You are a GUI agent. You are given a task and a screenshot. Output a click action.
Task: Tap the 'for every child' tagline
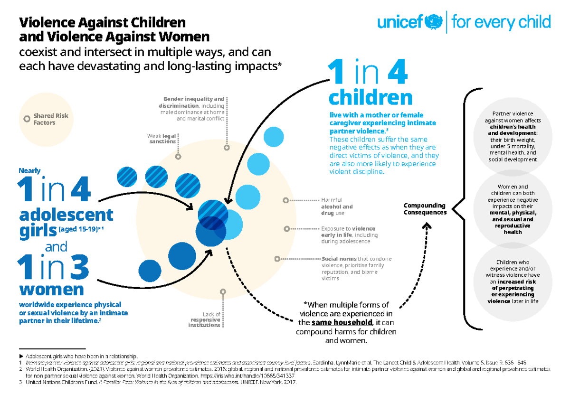tap(501, 22)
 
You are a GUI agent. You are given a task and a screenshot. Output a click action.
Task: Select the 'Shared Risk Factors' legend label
tap(50, 119)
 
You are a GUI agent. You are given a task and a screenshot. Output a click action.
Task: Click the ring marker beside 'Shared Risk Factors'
tap(26, 119)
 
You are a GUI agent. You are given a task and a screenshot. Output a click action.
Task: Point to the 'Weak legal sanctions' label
tap(161, 139)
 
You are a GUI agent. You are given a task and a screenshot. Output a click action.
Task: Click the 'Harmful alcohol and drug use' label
tap(337, 206)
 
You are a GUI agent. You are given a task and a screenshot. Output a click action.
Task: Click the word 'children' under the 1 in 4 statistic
tap(370, 98)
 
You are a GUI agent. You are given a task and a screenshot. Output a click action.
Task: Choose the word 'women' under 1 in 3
tap(51, 289)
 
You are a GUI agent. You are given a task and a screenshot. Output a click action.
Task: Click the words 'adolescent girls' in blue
tap(66, 222)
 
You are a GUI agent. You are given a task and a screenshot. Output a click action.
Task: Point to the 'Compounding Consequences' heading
tap(425, 209)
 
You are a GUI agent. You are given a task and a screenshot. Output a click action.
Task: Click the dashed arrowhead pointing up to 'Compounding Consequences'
tap(427, 227)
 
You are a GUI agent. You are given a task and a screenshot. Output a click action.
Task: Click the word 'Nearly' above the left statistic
tap(29, 170)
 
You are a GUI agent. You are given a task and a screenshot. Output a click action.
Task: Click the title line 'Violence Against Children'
tap(102, 22)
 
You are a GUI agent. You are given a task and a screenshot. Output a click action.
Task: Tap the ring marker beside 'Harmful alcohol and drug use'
tap(285, 200)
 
